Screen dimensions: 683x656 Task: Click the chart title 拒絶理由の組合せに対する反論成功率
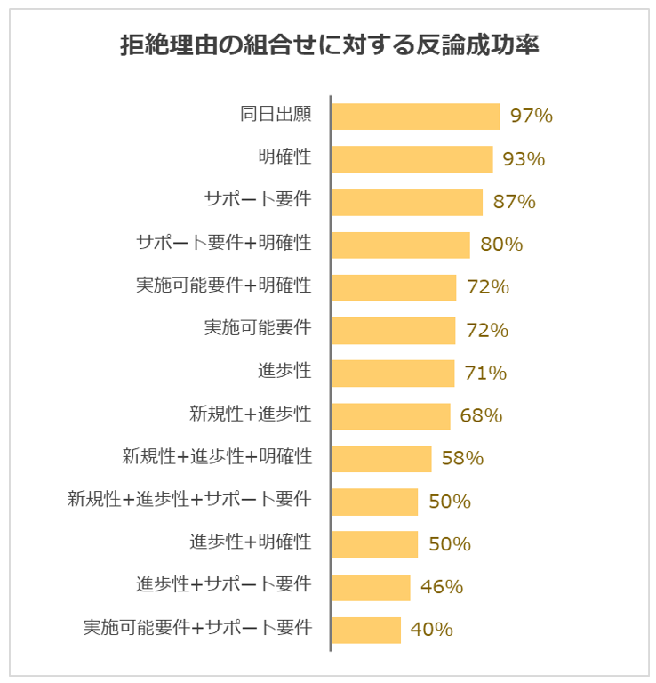pyautogui.click(x=329, y=45)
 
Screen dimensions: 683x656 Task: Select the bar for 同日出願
pyautogui.click(x=415, y=117)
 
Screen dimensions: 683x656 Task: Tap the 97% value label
pyautogui.click(x=532, y=117)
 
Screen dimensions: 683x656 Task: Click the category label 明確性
pyautogui.click(x=284, y=157)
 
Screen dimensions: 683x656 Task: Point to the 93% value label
pyautogui.click(x=524, y=159)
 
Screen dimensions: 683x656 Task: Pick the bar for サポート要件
pyautogui.click(x=406, y=202)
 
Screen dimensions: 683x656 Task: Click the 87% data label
pyautogui.click(x=515, y=202)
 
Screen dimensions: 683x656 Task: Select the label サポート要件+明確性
pyautogui.click(x=223, y=243)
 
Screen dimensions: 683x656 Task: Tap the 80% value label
pyautogui.click(x=501, y=245)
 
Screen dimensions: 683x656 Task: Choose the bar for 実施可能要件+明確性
pyautogui.click(x=393, y=287)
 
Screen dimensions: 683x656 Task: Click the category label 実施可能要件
pyautogui.click(x=258, y=328)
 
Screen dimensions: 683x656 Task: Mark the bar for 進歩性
pyautogui.click(x=392, y=374)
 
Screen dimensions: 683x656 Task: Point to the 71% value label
pyautogui.click(x=485, y=374)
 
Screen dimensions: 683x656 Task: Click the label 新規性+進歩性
pyautogui.click(x=250, y=414)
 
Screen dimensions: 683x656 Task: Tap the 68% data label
pyautogui.click(x=482, y=415)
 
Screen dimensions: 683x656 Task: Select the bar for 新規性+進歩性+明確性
pyautogui.click(x=380, y=459)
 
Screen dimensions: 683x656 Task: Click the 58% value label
pyautogui.click(x=462, y=459)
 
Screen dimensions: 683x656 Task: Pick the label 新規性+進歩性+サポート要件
pyautogui.click(x=189, y=499)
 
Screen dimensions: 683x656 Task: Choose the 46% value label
pyautogui.click(x=442, y=587)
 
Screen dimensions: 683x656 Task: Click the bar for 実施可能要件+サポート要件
pyautogui.click(x=365, y=630)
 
